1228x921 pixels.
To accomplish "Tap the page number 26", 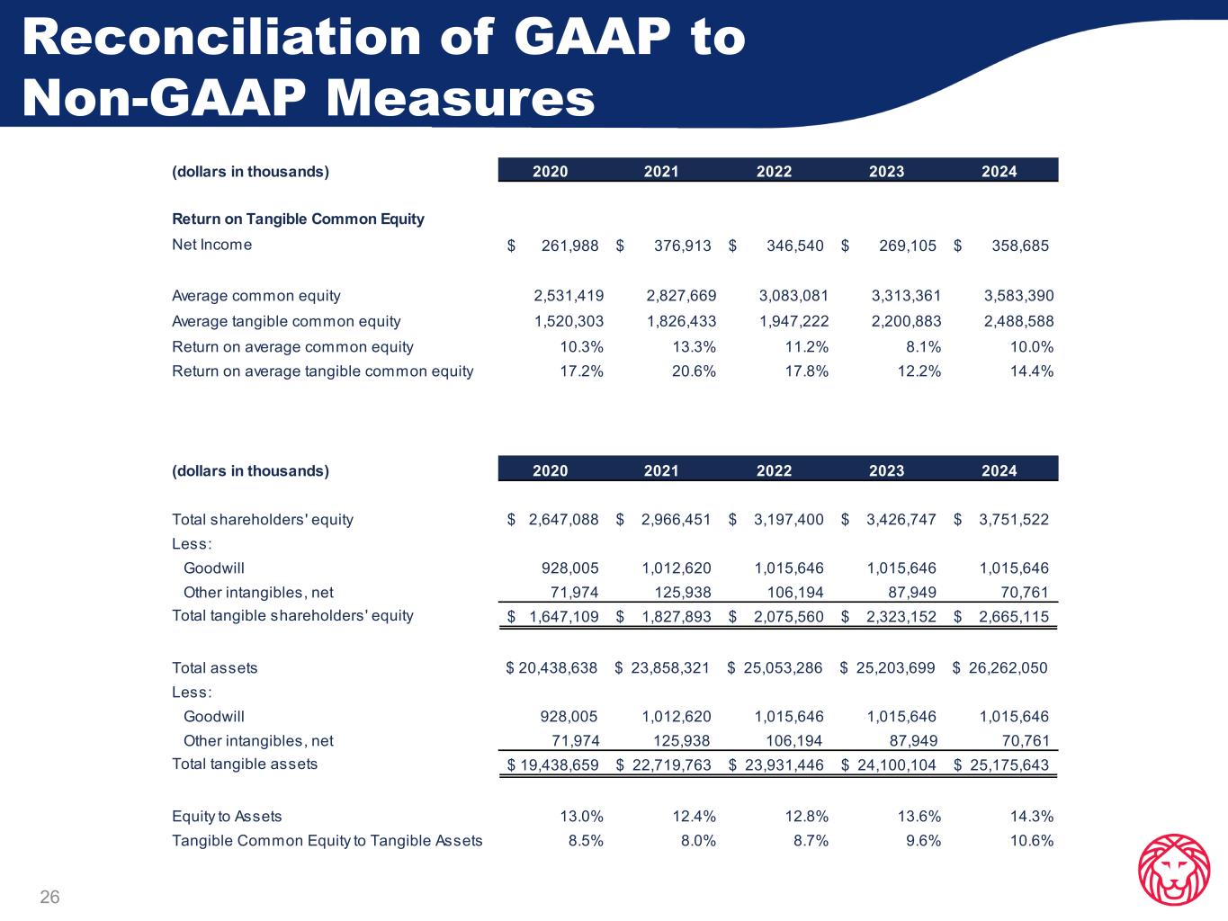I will (x=49, y=897).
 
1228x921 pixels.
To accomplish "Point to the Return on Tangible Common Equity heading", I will (x=298, y=219).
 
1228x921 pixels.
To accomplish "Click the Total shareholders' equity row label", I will (x=262, y=519).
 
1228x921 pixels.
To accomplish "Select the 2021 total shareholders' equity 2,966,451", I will (x=676, y=519).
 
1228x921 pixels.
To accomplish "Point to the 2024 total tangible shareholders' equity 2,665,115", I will (x=1013, y=616).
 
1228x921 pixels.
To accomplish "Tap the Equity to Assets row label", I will (x=227, y=816).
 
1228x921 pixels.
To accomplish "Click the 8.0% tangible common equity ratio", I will (x=698, y=840).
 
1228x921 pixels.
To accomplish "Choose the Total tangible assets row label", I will (x=245, y=764).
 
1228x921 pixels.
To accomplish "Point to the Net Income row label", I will (x=211, y=245).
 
